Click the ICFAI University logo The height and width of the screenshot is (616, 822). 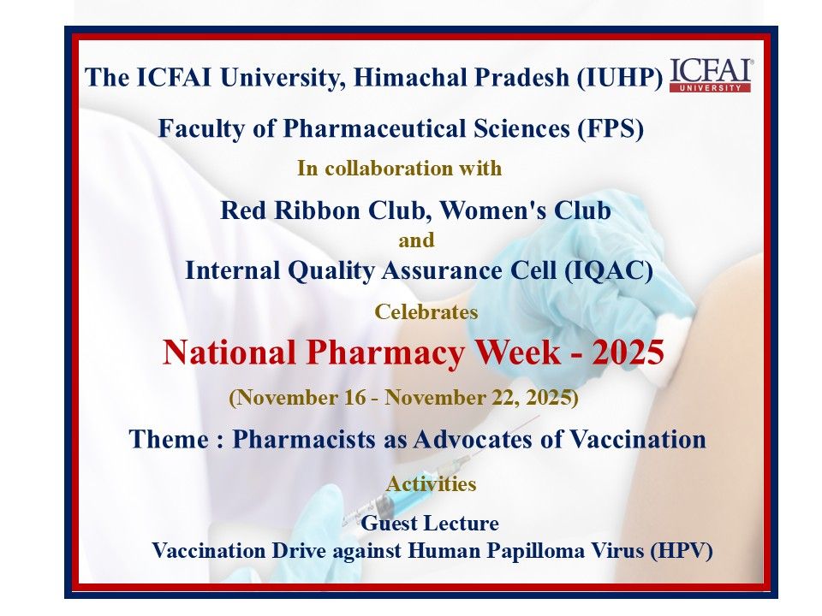(x=710, y=75)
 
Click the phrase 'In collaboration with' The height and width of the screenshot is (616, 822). (x=399, y=169)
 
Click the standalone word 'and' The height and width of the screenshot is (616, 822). (x=416, y=240)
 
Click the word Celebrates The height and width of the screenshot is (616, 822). (x=426, y=312)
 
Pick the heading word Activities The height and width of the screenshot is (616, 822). (x=431, y=484)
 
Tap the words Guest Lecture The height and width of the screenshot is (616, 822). (x=430, y=522)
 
